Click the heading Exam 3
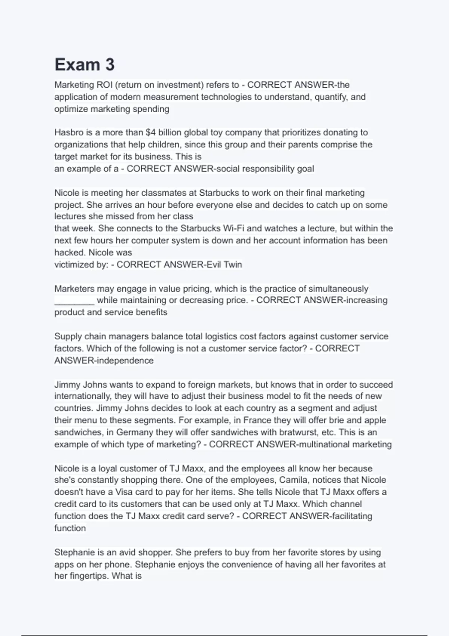[x=85, y=65]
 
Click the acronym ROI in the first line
[x=104, y=85]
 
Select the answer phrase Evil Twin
[x=224, y=265]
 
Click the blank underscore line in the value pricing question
[x=74, y=301]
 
